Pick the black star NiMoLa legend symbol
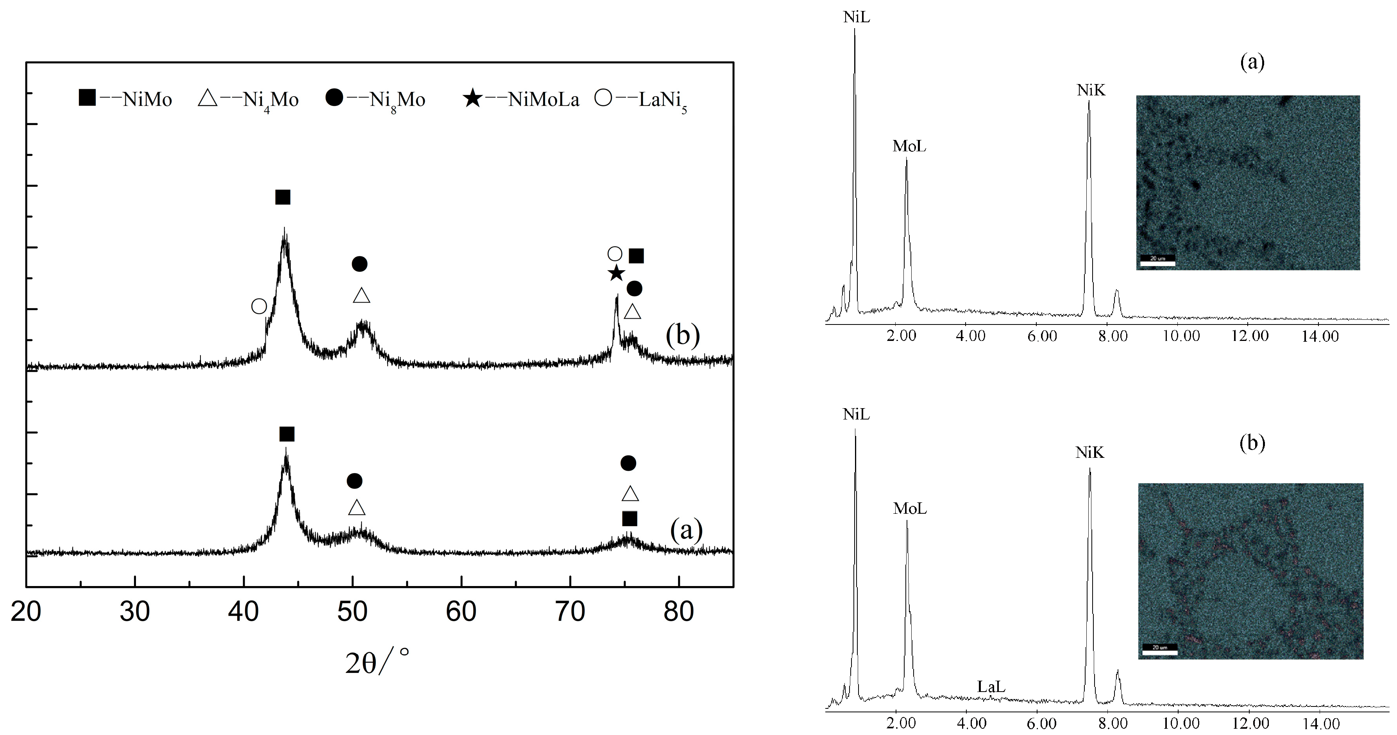473,99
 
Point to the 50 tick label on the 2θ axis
352,612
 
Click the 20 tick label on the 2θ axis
26,612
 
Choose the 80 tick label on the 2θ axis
678,612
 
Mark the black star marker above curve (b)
616,273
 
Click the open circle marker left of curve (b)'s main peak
259,307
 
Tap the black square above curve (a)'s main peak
287,434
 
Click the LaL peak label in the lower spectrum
991,687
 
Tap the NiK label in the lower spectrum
1089,452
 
